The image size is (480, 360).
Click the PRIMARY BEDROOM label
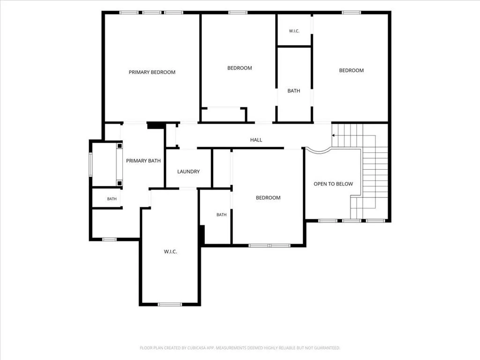point(152,72)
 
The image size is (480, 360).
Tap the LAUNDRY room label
point(188,172)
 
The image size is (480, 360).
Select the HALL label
point(256,140)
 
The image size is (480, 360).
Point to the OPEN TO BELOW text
point(333,184)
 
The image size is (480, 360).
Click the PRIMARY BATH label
point(143,161)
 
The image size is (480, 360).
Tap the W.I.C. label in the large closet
point(170,252)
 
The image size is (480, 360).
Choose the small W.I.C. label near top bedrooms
point(294,31)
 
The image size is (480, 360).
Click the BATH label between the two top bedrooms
point(293,91)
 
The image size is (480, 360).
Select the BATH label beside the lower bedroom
point(221,215)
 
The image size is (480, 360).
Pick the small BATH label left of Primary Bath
point(112,199)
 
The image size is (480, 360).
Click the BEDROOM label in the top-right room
point(351,70)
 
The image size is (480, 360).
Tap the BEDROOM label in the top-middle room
point(240,68)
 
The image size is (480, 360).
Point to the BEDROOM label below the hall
point(268,198)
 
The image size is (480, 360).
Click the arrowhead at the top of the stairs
point(333,135)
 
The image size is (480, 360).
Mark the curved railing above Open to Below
point(319,151)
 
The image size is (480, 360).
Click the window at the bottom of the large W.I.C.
point(170,304)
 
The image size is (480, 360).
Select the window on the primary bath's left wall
point(90,165)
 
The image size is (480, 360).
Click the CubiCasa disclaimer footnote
point(240,348)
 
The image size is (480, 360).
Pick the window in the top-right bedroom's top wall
point(352,13)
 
